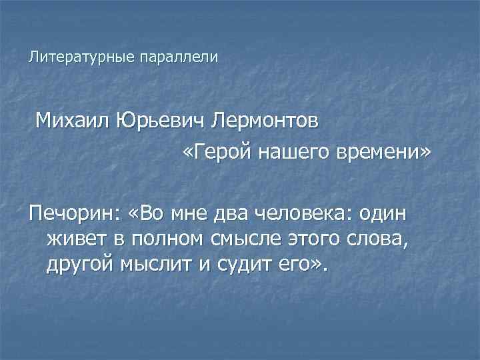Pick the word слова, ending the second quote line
tap(383, 239)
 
